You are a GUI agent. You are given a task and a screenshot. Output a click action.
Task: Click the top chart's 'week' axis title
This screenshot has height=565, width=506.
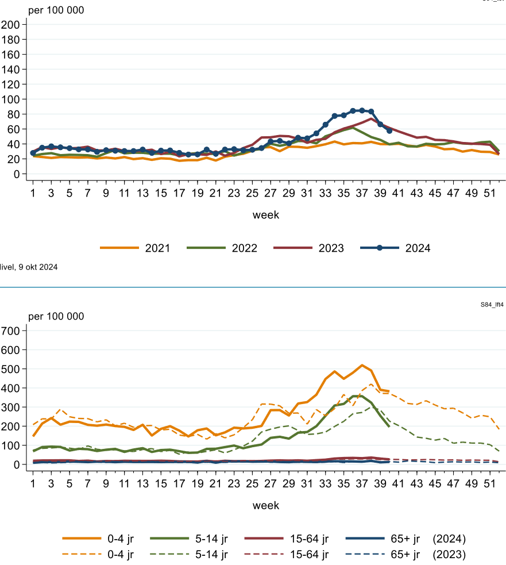[266, 215]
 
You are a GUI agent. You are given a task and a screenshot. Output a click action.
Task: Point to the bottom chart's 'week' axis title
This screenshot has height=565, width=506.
[266, 505]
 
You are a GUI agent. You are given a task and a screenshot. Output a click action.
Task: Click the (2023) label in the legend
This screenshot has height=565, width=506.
[450, 555]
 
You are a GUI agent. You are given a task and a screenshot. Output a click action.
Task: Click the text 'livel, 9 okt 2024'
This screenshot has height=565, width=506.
[29, 267]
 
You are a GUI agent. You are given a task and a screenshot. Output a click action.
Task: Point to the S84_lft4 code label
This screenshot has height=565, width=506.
[492, 305]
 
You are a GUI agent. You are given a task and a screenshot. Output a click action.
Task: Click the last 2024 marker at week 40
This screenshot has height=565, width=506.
[389, 131]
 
